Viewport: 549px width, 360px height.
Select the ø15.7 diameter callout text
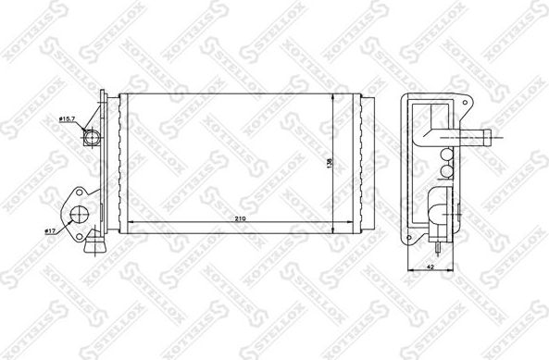[x=67, y=119]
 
